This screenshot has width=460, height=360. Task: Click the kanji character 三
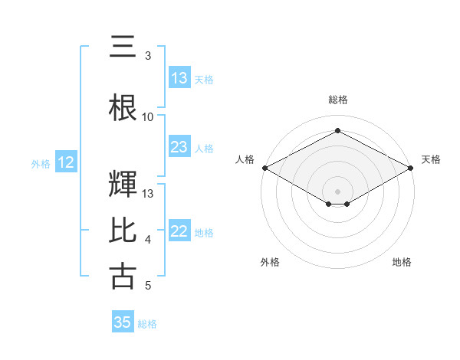(x=123, y=47)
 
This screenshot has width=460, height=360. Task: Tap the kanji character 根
(x=123, y=109)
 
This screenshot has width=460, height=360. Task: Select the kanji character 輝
(x=123, y=185)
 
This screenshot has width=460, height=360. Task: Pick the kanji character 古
(x=123, y=277)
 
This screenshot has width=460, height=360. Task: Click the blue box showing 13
(x=179, y=78)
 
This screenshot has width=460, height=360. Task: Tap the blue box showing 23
(x=179, y=147)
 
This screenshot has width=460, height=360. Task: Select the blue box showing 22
(x=179, y=231)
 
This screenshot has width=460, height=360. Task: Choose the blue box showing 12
(x=65, y=162)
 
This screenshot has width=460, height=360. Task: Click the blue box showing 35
(x=123, y=322)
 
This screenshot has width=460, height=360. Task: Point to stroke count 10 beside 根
(x=148, y=117)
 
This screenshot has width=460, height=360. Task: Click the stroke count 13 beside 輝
(x=148, y=193)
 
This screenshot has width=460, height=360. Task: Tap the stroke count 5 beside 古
(x=148, y=286)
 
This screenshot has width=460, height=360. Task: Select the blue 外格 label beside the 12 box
(x=41, y=163)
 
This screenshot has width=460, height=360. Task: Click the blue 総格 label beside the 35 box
(x=147, y=323)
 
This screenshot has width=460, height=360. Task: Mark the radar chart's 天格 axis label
(x=431, y=159)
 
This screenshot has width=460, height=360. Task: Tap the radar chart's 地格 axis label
(x=402, y=262)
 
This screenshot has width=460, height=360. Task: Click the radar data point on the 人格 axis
(x=264, y=168)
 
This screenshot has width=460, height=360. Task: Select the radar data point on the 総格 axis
(x=337, y=131)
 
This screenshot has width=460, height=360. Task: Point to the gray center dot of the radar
(x=337, y=191)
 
